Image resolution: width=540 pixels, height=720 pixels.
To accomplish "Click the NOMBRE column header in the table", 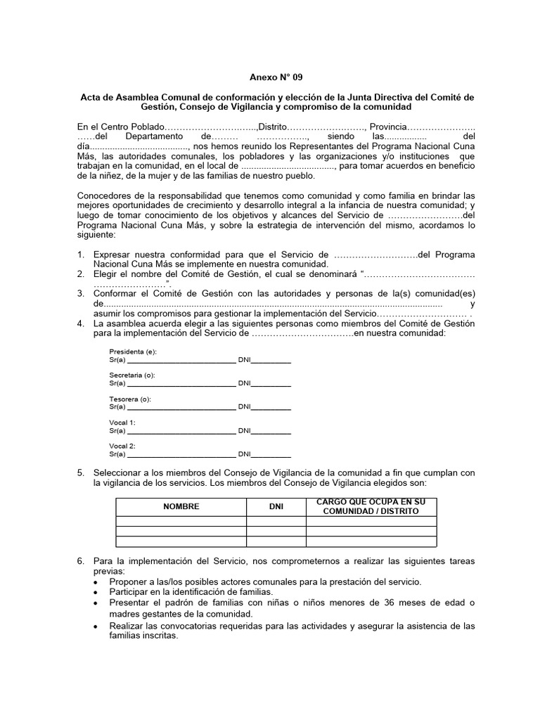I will pyautogui.click(x=181, y=506).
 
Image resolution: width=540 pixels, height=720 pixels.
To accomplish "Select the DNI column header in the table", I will pyautogui.click(x=276, y=506).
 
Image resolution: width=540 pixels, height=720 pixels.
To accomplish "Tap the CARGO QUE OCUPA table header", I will pyautogui.click(x=371, y=506).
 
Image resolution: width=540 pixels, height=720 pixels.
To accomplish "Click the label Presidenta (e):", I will pyautogui.click(x=133, y=352).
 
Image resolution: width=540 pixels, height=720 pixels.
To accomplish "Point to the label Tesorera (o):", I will pyautogui.click(x=130, y=399).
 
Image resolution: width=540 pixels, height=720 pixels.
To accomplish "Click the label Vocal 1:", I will pyautogui.click(x=122, y=423).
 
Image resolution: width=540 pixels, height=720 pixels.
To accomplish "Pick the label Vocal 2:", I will pyautogui.click(x=122, y=446).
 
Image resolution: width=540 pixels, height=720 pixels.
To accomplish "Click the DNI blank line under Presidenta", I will pyautogui.click(x=271, y=361).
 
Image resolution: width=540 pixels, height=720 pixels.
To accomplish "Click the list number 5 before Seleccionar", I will pyautogui.click(x=81, y=473).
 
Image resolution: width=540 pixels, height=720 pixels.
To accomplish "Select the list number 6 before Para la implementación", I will pyautogui.click(x=81, y=561).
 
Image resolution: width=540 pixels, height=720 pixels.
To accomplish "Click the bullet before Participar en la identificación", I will pyautogui.click(x=96, y=593).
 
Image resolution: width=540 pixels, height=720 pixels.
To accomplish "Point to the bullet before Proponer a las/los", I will pyautogui.click(x=96, y=582).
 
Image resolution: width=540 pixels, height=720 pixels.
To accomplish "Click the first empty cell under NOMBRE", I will pyautogui.click(x=181, y=521).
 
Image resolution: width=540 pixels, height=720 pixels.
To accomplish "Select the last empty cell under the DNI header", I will pyautogui.click(x=276, y=541).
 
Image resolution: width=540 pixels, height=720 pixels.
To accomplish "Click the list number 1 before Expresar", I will pyautogui.click(x=81, y=254).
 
